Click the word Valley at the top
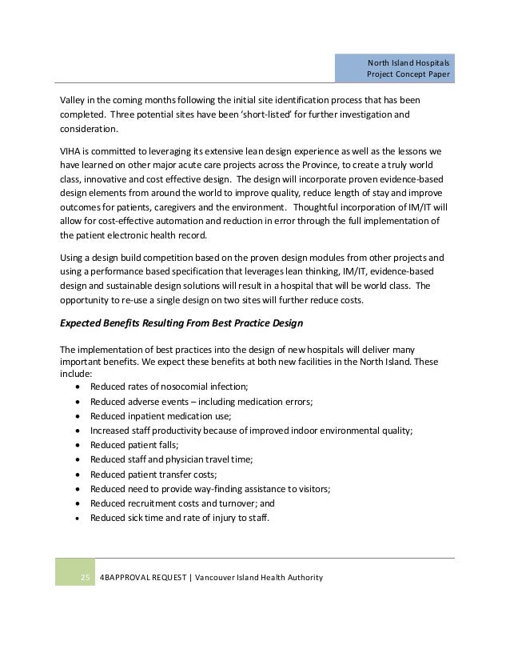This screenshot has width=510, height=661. pyautogui.click(x=75, y=100)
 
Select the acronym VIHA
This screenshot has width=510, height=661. pyautogui.click(x=74, y=150)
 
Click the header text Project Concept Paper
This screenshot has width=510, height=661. pyautogui.click(x=407, y=75)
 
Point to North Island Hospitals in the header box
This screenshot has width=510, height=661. pyautogui.click(x=408, y=62)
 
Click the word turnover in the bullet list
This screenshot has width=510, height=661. pyautogui.click(x=237, y=503)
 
